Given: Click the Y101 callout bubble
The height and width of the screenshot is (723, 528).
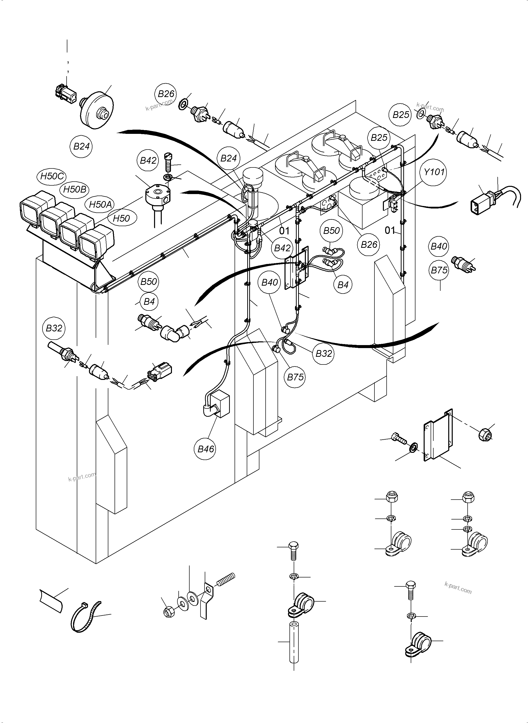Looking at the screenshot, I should (434, 172).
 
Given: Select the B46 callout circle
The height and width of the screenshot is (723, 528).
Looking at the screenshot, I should (205, 449).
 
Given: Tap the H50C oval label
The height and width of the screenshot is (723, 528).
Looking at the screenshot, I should (52, 176).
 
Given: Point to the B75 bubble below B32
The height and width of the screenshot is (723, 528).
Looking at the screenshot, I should (295, 377).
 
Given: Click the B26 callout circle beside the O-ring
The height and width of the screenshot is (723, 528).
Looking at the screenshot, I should (166, 94).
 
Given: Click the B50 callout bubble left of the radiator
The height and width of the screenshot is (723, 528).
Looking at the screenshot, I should (149, 282).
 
